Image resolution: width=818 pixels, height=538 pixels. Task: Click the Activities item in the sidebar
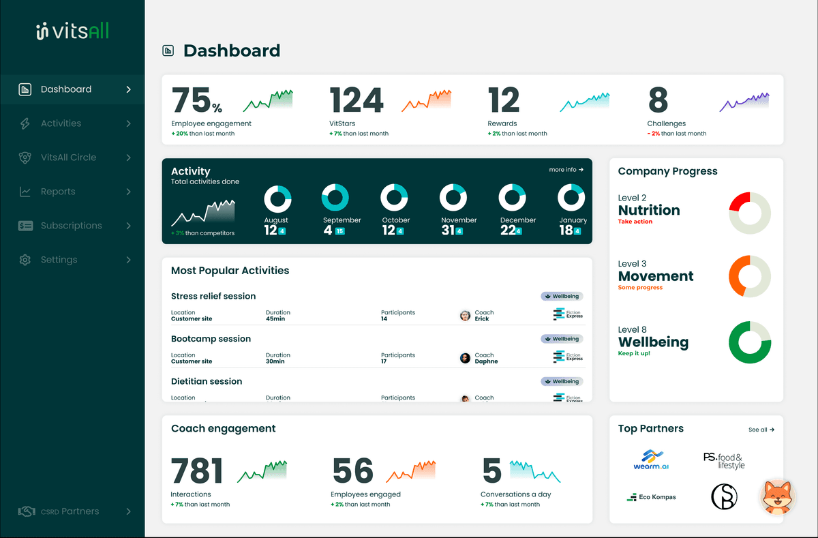pyautogui.click(x=61, y=123)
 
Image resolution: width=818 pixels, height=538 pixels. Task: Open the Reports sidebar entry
pyautogui.click(x=57, y=192)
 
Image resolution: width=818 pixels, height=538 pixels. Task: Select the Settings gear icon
pyautogui.click(x=25, y=260)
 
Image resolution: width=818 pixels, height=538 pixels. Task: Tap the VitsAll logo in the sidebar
pyautogui.click(x=72, y=31)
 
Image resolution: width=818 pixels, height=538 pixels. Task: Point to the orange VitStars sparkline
pyautogui.click(x=426, y=101)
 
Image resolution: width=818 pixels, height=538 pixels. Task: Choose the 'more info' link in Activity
pyautogui.click(x=566, y=170)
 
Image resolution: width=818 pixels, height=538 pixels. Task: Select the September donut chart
pyautogui.click(x=335, y=197)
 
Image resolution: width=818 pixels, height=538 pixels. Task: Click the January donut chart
pyautogui.click(x=571, y=197)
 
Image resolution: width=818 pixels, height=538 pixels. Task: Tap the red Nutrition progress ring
pyautogui.click(x=749, y=213)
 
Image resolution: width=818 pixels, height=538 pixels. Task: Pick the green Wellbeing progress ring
pyautogui.click(x=749, y=342)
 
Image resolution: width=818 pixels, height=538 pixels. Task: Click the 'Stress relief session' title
pyautogui.click(x=213, y=297)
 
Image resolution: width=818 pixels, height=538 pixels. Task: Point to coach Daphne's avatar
pyautogui.click(x=465, y=358)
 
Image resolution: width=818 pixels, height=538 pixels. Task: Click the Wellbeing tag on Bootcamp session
pyautogui.click(x=562, y=339)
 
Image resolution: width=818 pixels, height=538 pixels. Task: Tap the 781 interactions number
pyautogui.click(x=197, y=471)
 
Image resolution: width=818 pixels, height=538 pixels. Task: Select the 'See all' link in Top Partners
pyautogui.click(x=761, y=430)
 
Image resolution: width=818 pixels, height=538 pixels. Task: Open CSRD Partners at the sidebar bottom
pyautogui.click(x=70, y=511)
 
